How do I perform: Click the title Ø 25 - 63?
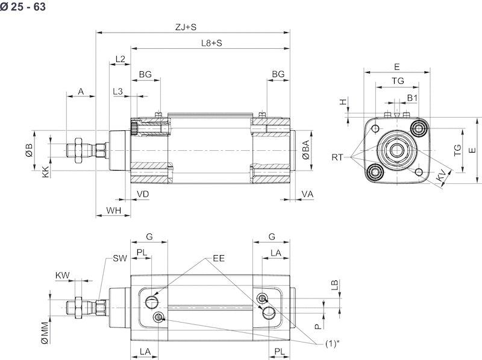[x=23, y=7]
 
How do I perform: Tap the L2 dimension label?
[x=119, y=59]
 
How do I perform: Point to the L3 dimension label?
[x=118, y=91]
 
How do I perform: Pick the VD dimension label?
[x=143, y=194]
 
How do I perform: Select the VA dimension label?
[x=307, y=194]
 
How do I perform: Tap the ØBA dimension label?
[x=306, y=149]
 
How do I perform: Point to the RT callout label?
[x=338, y=157]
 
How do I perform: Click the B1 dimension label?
[x=413, y=98]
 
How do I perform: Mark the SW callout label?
[x=119, y=259]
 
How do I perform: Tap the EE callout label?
[x=219, y=259]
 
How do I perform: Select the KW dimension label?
[x=63, y=276]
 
